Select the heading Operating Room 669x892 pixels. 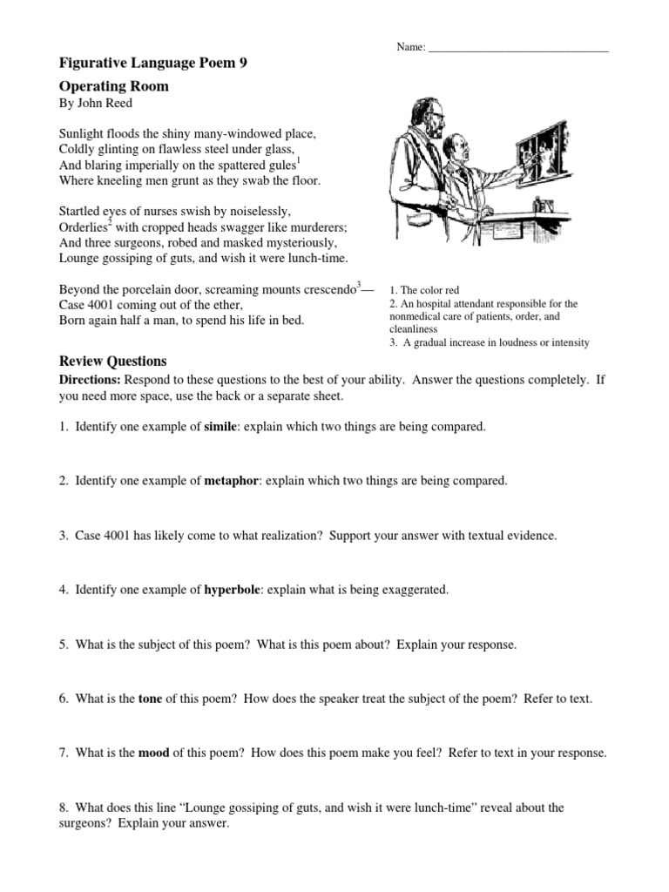click(113, 86)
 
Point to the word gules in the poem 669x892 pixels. click(276, 166)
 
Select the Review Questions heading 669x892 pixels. click(112, 361)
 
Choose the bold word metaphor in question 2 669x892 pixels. click(230, 480)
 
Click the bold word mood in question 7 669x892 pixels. click(154, 753)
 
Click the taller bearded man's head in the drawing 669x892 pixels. click(416, 114)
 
